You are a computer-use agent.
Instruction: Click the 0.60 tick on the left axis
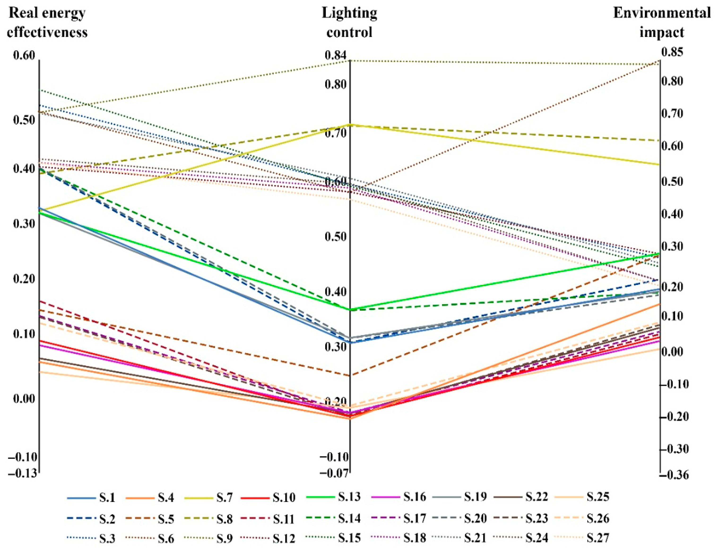pos(24,55)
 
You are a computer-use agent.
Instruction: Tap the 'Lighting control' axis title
pos(350,23)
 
